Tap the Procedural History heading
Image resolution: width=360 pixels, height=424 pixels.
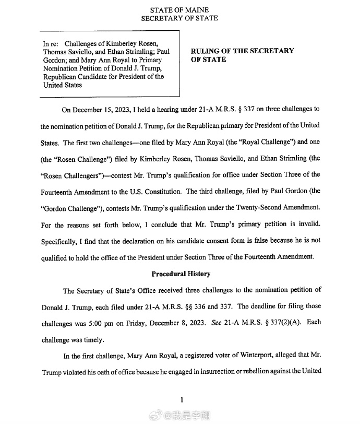point(181,274)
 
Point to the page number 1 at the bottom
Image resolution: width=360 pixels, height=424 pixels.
point(181,400)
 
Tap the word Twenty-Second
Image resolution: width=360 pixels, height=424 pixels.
point(254,208)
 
